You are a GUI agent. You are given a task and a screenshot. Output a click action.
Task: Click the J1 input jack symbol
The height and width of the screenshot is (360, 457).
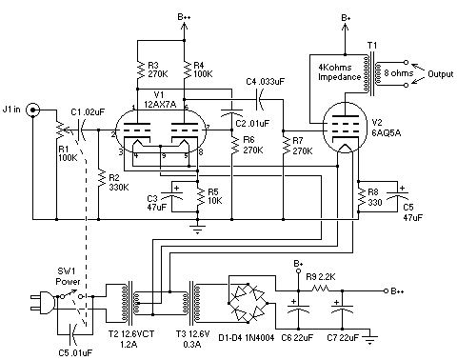coord(33,110)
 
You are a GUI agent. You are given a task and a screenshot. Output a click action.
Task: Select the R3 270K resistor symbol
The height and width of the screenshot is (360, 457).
coord(137,70)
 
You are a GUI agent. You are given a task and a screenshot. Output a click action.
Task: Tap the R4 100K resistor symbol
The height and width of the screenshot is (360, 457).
coord(184,70)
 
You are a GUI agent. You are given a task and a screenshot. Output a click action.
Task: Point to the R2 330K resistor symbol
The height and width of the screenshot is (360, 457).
coord(99,179)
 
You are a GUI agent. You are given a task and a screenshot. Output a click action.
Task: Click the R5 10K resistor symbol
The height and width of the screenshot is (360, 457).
coord(197,197)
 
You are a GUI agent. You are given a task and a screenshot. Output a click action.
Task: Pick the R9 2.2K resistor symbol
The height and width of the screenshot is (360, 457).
coord(321,289)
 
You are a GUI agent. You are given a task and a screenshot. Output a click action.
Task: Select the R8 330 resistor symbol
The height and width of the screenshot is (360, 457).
coord(358,197)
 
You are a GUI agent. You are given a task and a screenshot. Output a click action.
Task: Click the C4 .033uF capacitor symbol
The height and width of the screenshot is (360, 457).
coord(260,99)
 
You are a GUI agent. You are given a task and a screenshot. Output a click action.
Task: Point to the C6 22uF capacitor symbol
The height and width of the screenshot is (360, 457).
coord(298,309)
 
